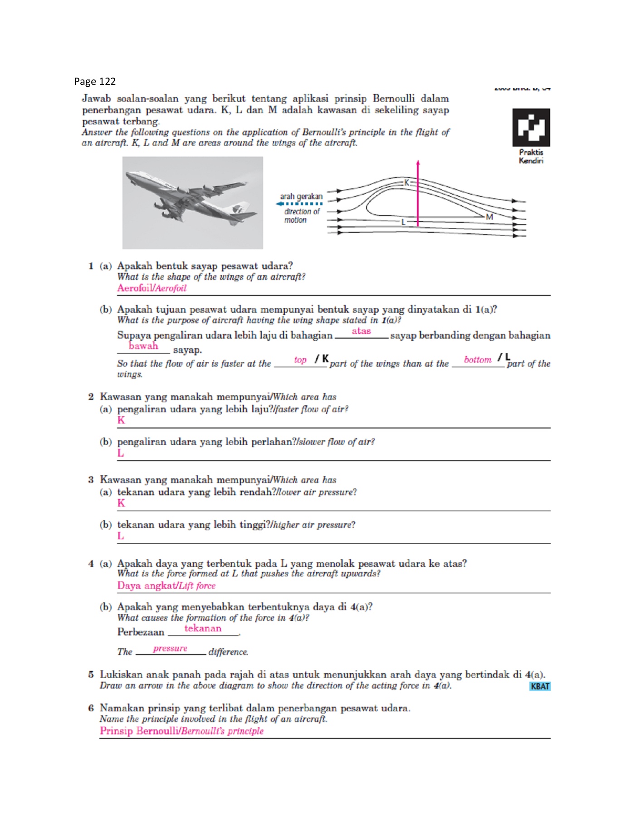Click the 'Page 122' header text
[x=95, y=82]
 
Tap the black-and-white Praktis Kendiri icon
[x=531, y=127]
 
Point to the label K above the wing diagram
[x=406, y=182]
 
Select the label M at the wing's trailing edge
[x=489, y=217]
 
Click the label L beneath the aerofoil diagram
[x=403, y=222]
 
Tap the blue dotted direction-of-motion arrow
[x=299, y=204]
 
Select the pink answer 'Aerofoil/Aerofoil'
[x=152, y=288]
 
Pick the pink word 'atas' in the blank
[x=361, y=331]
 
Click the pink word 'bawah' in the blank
[x=143, y=346]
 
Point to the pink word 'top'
[x=300, y=360]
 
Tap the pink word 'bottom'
[x=478, y=360]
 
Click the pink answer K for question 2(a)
[x=121, y=420]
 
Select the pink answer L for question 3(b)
[x=121, y=536]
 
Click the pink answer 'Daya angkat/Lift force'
[x=166, y=586]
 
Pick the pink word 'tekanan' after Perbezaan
[x=203, y=629]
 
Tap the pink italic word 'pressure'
[x=170, y=649]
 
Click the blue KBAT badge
[x=540, y=686]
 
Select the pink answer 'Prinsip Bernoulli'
[x=181, y=731]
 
